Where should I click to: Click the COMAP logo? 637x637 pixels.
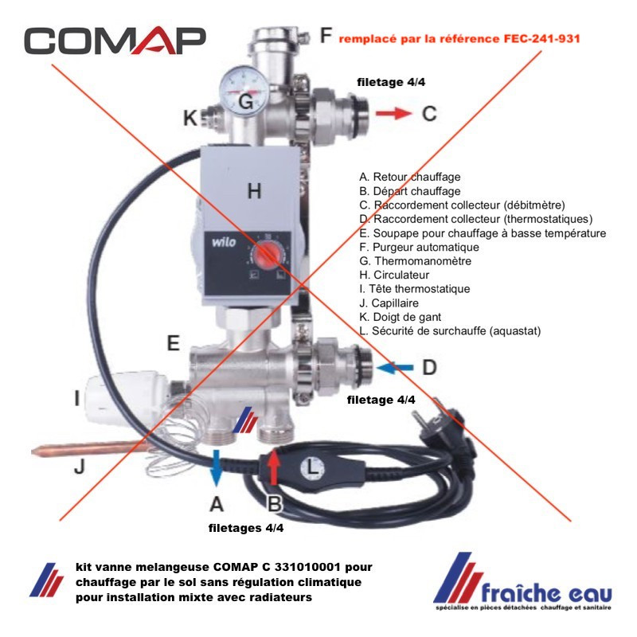point(115,41)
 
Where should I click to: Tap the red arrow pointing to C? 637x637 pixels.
point(393,113)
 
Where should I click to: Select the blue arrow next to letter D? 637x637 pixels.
point(394,368)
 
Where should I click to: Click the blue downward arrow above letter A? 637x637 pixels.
point(217,468)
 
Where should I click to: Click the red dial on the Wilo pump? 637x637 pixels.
point(267,256)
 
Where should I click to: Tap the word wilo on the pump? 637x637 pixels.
point(224,242)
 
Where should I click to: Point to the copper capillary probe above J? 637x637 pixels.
point(89,450)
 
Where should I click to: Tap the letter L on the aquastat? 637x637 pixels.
point(312,467)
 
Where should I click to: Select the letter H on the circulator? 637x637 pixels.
point(254,191)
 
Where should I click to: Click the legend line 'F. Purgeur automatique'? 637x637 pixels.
point(420,247)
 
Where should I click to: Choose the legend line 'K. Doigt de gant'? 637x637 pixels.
point(401,317)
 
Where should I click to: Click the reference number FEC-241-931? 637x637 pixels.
point(542,38)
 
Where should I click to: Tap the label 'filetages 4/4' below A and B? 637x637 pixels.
point(246,528)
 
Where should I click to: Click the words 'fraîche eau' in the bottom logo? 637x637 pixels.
point(546,593)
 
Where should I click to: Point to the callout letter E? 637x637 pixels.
point(174,343)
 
